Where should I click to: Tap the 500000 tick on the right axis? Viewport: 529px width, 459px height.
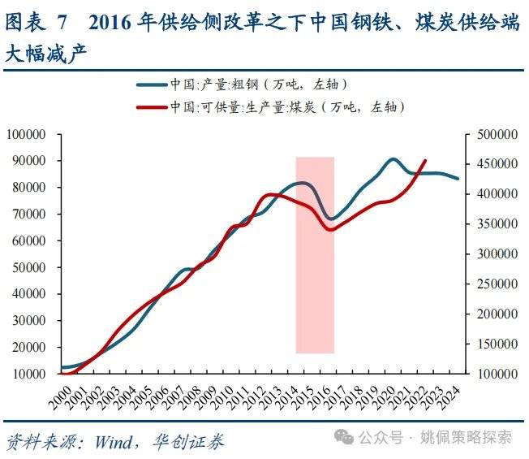(497, 134)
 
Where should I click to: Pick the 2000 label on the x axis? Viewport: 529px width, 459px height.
(61, 398)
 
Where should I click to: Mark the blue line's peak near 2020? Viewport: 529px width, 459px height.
(393, 159)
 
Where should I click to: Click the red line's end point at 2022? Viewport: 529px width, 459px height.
(425, 161)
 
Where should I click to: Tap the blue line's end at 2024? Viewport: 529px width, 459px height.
(458, 179)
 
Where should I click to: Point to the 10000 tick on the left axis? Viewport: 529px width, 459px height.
(29, 374)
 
